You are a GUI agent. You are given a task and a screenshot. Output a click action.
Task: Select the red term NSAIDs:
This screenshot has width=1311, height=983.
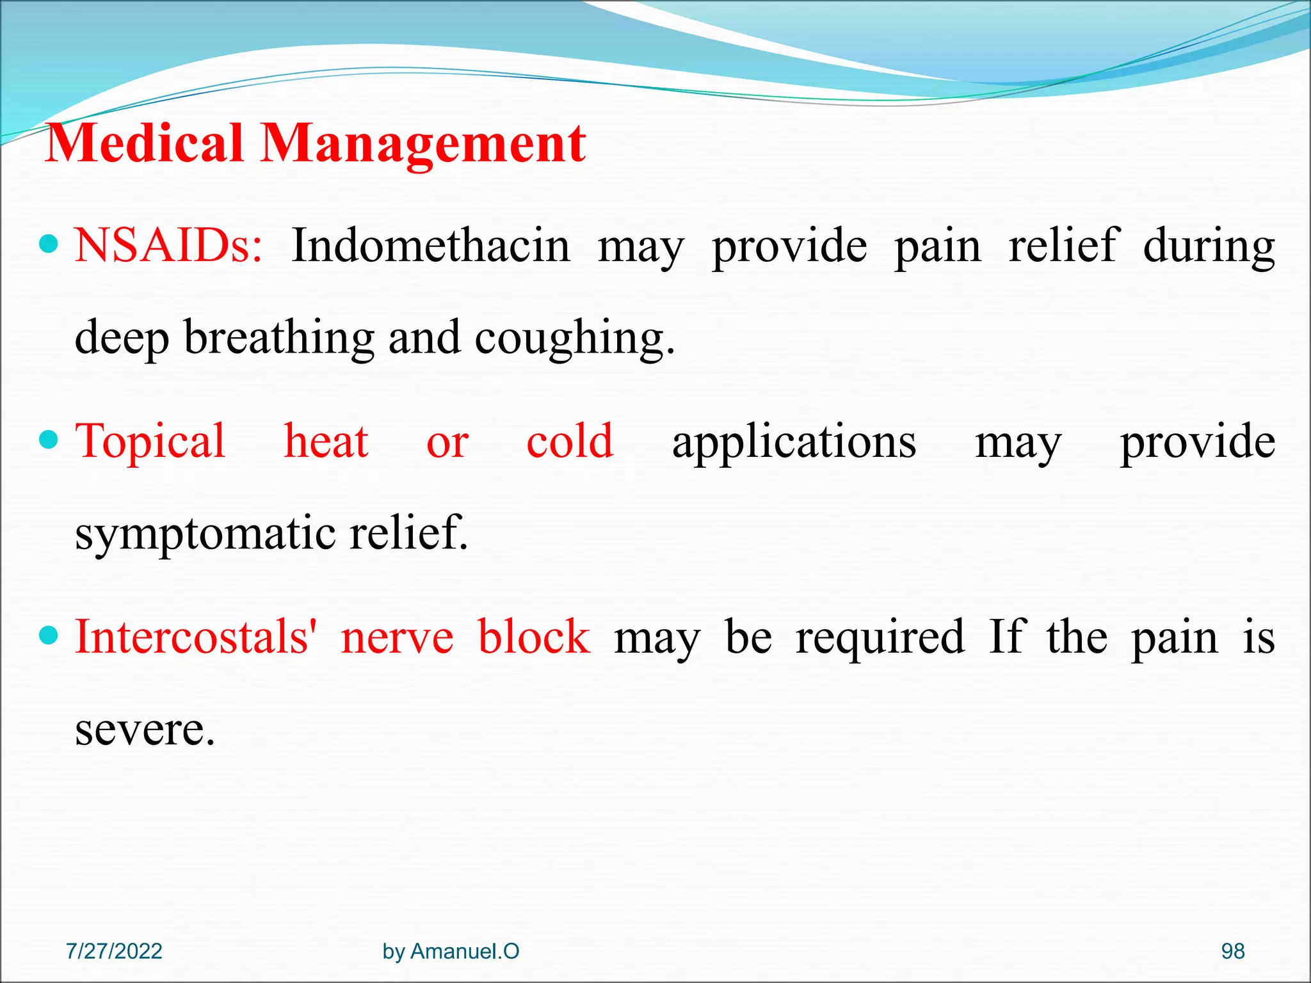tap(168, 246)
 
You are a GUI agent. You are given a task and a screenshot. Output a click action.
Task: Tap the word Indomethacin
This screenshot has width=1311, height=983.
tap(430, 246)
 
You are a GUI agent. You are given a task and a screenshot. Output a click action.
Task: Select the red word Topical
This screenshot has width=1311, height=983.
tap(150, 442)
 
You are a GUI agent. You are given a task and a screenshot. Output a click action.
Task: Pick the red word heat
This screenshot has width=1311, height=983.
tap(326, 442)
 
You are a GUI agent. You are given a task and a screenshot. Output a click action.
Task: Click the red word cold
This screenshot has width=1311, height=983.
tap(570, 442)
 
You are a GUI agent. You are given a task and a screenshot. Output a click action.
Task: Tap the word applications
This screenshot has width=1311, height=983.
tap(794, 442)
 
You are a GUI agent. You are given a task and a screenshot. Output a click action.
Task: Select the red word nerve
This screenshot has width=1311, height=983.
tap(397, 638)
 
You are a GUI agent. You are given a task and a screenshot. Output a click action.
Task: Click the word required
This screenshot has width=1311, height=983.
tap(880, 638)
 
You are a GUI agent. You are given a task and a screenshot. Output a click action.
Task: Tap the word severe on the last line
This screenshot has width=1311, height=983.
tap(145, 730)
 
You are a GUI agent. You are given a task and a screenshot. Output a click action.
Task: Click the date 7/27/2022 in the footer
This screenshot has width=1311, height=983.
tap(114, 951)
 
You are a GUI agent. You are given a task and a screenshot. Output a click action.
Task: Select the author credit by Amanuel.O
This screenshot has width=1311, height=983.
tap(451, 951)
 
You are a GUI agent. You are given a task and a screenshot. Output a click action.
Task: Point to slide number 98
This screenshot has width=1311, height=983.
tap(1232, 951)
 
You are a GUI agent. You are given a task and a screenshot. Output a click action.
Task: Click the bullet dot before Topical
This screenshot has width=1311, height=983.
tap(49, 440)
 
